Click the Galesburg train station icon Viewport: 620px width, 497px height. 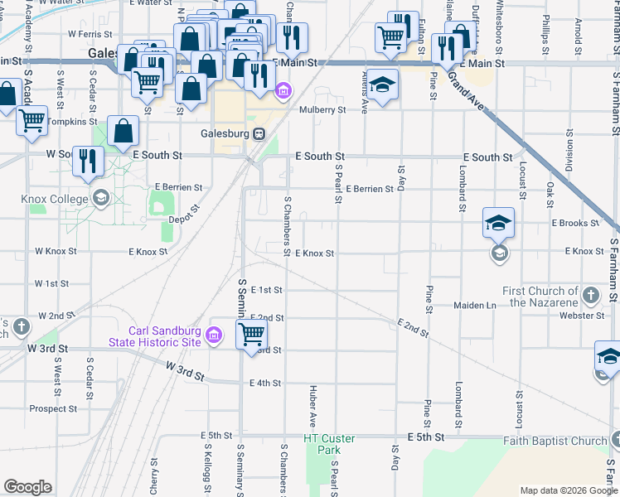259,133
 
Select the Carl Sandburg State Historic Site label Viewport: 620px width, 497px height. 155,335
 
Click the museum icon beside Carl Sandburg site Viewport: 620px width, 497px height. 214,335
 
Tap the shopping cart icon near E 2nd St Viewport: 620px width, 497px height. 251,335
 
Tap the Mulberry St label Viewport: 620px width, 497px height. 322,109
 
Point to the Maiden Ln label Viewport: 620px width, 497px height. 474,306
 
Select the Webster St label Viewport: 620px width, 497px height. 581,316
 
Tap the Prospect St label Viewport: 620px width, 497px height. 53,408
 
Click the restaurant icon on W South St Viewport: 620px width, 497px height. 86,161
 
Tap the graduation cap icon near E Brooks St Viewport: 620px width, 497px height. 498,223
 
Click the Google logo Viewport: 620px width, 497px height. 27,487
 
